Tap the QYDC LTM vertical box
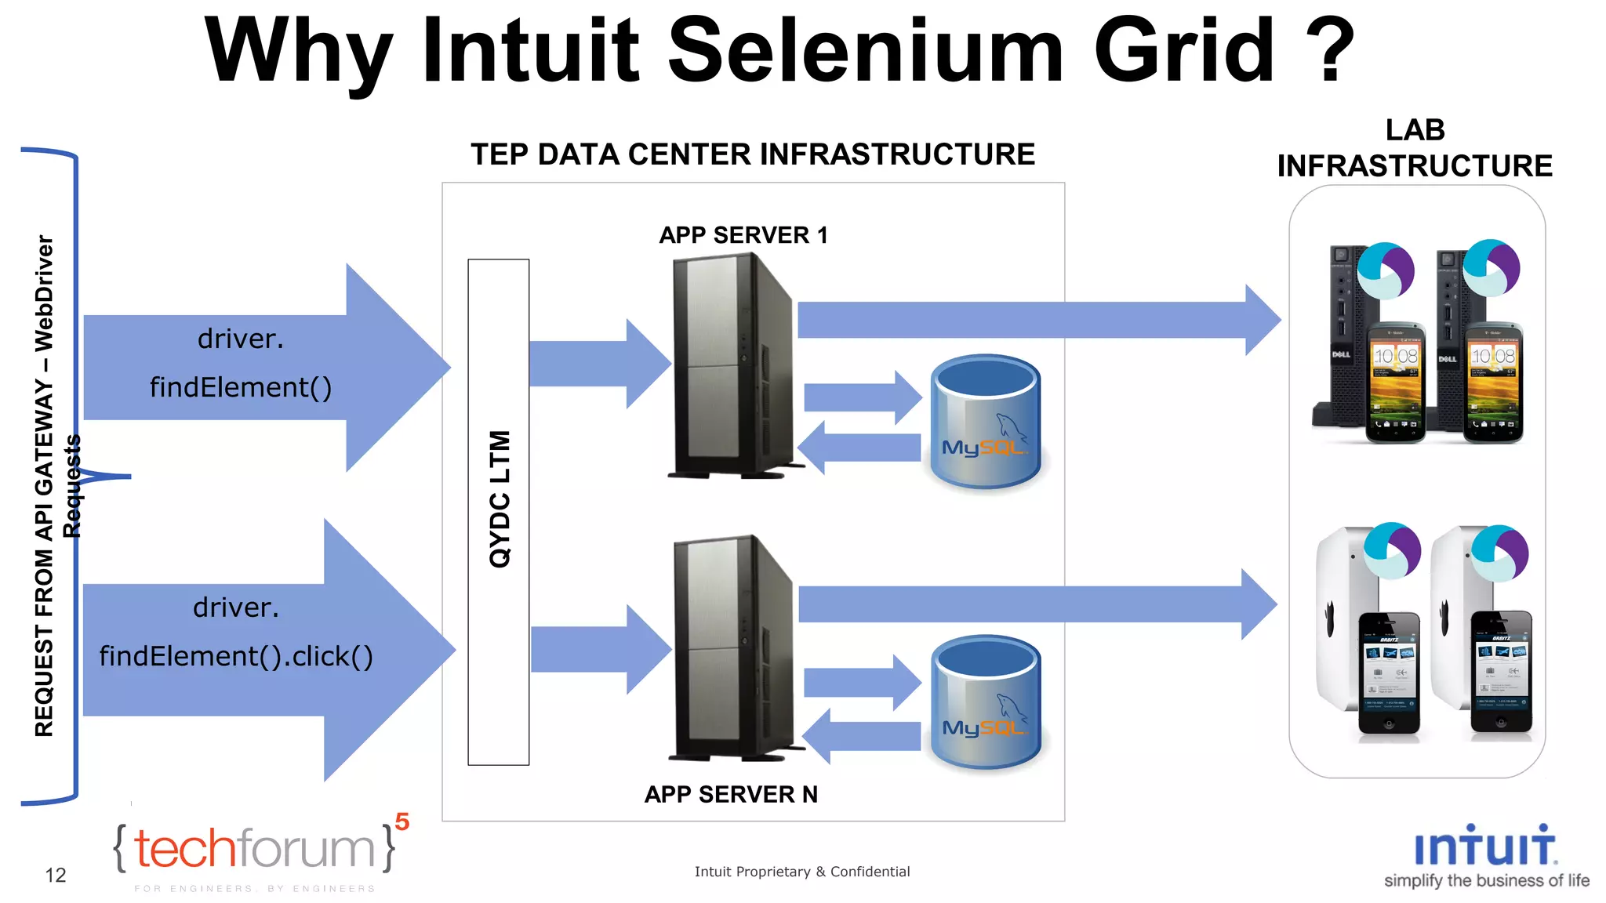(x=499, y=512)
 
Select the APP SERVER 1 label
(x=743, y=235)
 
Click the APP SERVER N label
(x=731, y=794)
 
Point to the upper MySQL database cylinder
(x=986, y=423)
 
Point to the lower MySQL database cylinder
(x=986, y=703)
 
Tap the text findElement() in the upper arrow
(x=241, y=387)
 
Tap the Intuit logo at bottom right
(x=1484, y=854)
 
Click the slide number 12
(x=56, y=876)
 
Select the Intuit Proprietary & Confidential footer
(x=801, y=872)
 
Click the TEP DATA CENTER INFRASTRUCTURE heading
(x=752, y=154)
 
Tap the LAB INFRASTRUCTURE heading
(x=1414, y=149)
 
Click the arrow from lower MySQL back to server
(x=863, y=735)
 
